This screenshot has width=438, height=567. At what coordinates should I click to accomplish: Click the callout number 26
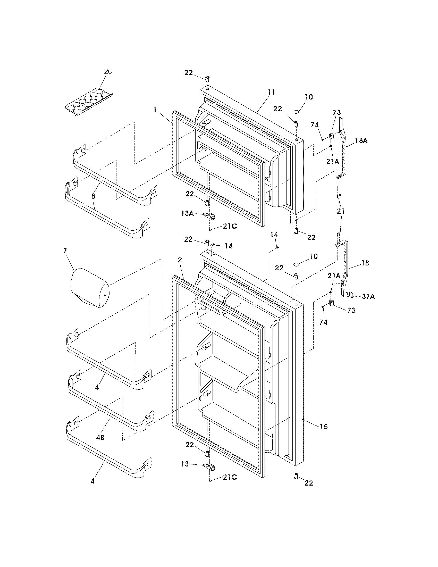pos(108,72)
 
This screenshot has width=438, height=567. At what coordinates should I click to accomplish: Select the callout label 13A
pos(187,213)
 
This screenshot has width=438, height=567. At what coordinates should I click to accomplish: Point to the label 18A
pos(361,141)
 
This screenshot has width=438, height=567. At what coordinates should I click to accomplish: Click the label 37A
pos(368,296)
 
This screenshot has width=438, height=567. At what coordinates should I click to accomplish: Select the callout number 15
pos(324,426)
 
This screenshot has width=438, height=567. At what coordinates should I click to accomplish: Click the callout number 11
pos(271,92)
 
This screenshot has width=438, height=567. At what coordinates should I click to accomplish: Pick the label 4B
pos(100,437)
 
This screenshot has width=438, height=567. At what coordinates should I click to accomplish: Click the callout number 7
pos(65,251)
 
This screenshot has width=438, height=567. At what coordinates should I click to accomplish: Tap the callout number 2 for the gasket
pos(180,260)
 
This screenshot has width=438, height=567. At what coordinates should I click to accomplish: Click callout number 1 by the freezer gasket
pos(155,110)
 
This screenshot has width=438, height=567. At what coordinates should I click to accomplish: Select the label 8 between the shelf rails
pos(93,196)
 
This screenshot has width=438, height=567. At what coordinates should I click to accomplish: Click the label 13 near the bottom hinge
pos(185,464)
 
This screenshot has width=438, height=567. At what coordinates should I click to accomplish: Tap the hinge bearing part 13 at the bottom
pos(210,466)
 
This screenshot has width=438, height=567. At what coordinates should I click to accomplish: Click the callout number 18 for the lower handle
pos(365,263)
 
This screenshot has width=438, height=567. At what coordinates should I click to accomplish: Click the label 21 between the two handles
pos(341,211)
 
